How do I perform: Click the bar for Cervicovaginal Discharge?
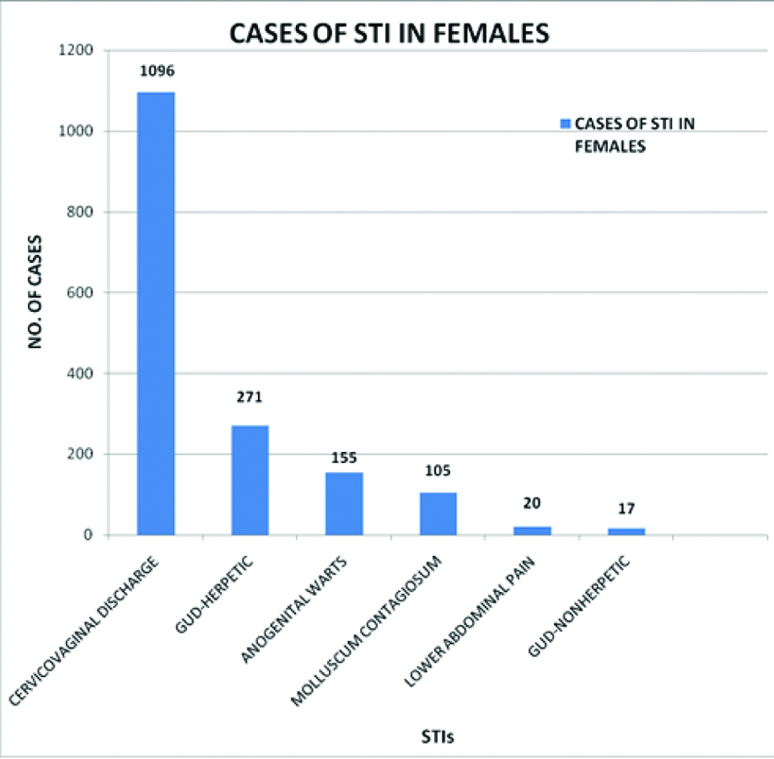pos(156,313)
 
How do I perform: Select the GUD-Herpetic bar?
pos(250,480)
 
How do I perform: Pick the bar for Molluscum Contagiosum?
pos(438,514)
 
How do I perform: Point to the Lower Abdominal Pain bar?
pos(533,530)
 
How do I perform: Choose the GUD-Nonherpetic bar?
pos(627,531)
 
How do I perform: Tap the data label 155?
pos(344,457)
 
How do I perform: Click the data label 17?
pos(627,509)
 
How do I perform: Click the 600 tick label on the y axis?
pos(81,293)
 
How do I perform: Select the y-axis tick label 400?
pos(81,374)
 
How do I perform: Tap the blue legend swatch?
pos(565,124)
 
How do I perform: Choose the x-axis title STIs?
pos(438,735)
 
